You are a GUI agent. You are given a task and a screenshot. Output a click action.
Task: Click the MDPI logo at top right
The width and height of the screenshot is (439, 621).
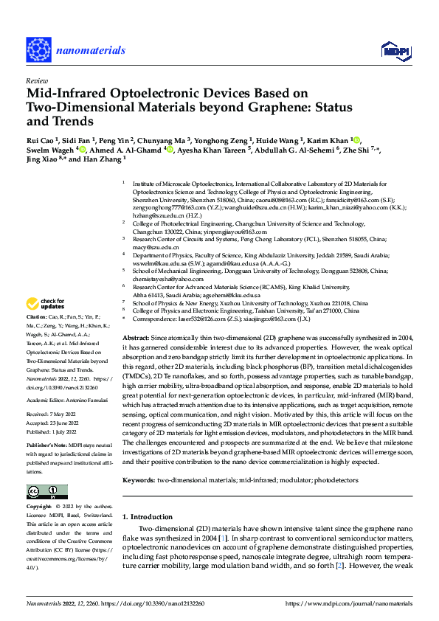click(x=393, y=50)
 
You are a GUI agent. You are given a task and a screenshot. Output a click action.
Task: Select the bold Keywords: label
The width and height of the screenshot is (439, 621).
click(x=139, y=480)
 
